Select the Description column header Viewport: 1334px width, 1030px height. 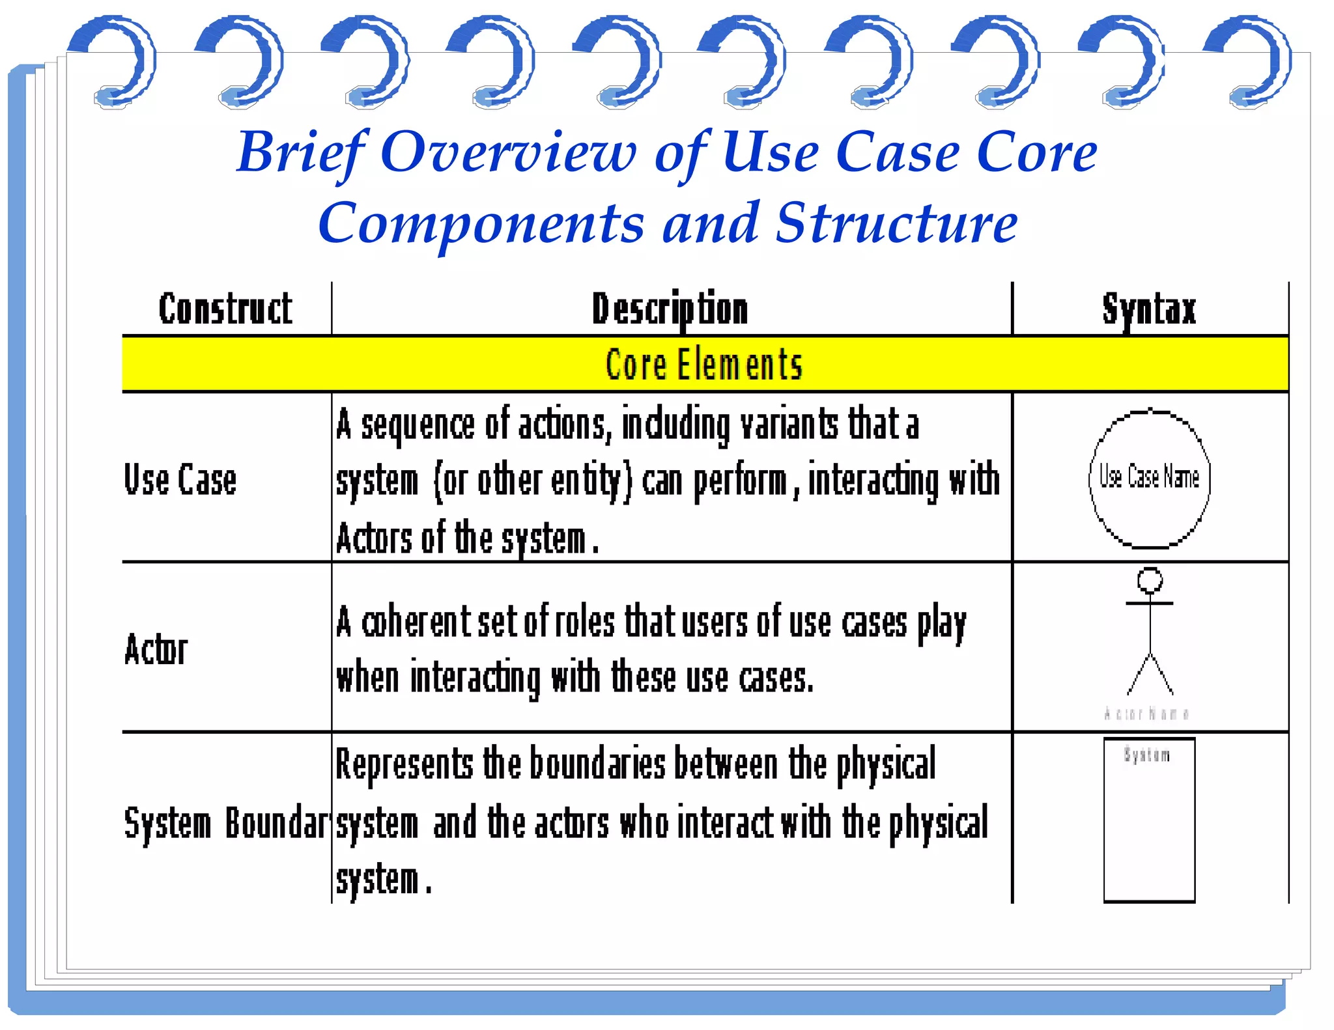pos(670,309)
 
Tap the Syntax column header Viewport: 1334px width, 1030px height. pos(1149,309)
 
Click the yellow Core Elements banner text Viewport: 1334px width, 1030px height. pos(703,365)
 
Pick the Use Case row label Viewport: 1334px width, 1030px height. pos(180,480)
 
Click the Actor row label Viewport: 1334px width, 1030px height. pos(156,650)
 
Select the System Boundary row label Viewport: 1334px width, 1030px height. pos(225,823)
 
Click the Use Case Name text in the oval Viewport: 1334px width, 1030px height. pos(1149,477)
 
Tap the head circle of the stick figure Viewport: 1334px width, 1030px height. pos(1150,579)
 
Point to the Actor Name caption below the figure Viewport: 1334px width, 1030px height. pos(1146,714)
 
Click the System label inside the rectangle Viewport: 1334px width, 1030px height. pos(1146,755)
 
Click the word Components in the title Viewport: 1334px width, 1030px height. pos(481,224)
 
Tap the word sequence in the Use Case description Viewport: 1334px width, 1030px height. pos(418,425)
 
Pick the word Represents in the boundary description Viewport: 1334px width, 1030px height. pos(404,764)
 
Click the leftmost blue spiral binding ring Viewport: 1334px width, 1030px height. pos(115,62)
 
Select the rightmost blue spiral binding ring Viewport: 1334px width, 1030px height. pos(1251,62)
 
